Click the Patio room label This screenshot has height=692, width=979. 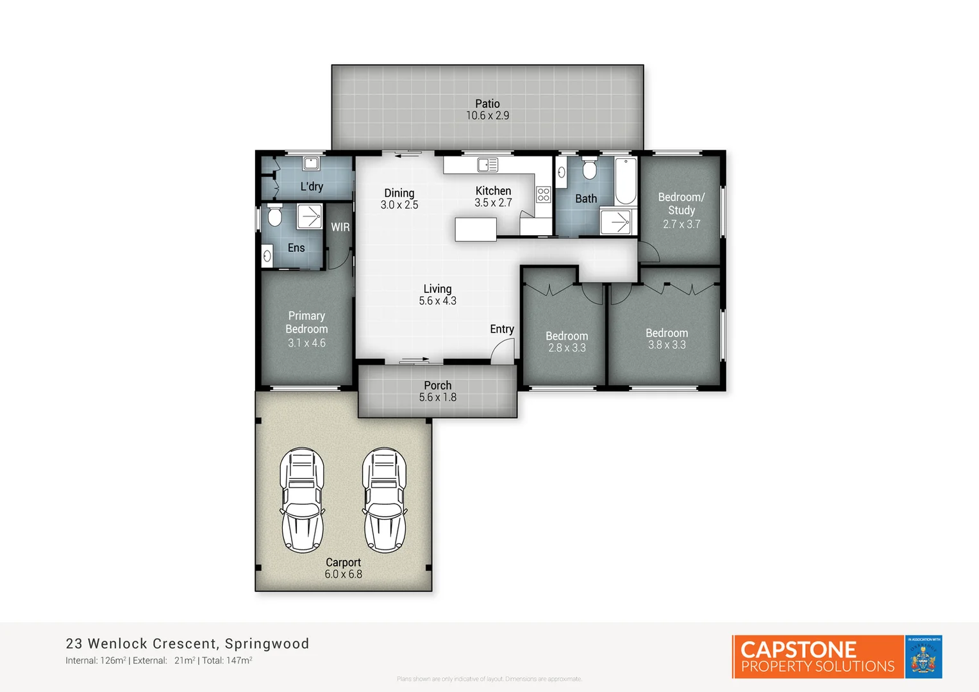click(487, 104)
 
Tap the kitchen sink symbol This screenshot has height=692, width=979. click(488, 165)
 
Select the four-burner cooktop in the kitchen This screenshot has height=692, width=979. click(544, 194)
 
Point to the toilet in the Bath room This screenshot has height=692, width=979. click(589, 170)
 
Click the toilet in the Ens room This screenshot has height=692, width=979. click(275, 216)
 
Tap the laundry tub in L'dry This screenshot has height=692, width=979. click(312, 163)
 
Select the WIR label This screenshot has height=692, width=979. click(340, 227)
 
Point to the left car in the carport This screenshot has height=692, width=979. click(302, 500)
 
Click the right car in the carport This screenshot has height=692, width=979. click(385, 500)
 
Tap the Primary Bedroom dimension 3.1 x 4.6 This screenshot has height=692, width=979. click(306, 343)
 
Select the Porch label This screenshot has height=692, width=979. click(437, 385)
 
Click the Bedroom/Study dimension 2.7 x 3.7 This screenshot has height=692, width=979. click(682, 224)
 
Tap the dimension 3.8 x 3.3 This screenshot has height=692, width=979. click(667, 345)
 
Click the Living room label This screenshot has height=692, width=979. click(437, 289)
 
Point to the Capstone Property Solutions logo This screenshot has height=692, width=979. click(817, 657)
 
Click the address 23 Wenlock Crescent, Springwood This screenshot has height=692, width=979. click(187, 643)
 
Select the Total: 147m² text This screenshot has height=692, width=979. click(227, 661)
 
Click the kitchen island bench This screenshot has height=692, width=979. click(476, 229)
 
